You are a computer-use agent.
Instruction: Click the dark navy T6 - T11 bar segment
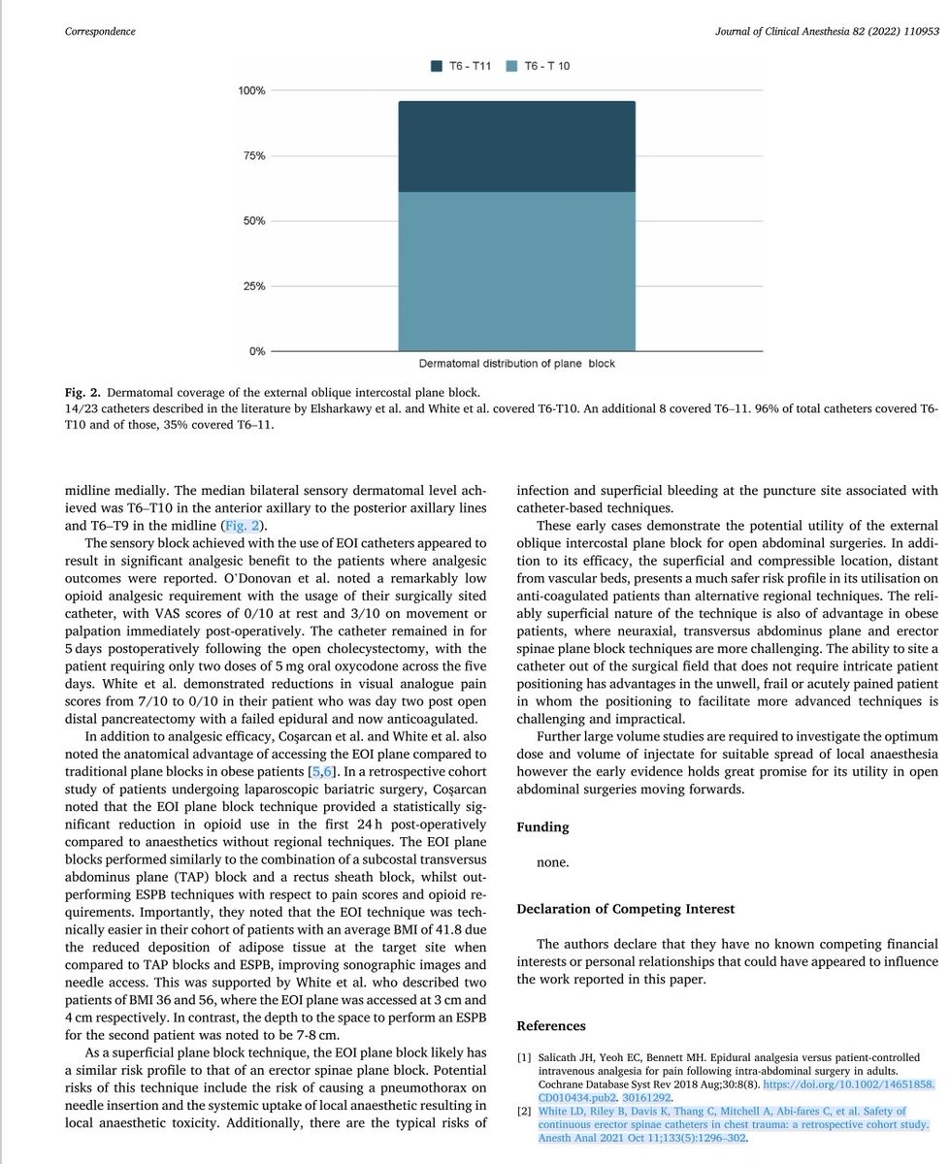(x=516, y=146)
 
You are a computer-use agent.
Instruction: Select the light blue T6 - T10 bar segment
(x=516, y=271)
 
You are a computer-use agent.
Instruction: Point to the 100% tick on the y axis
(x=250, y=91)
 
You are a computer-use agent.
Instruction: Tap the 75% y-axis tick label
(x=253, y=156)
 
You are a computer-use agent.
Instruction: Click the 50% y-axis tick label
(x=253, y=221)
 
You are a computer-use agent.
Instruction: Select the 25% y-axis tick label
(x=253, y=286)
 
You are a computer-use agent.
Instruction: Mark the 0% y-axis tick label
(x=256, y=351)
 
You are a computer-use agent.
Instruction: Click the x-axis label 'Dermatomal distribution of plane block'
(x=516, y=364)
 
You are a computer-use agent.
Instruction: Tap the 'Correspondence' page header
(x=100, y=31)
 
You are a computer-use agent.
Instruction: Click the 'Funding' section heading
(x=542, y=827)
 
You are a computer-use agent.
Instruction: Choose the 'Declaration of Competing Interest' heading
(x=627, y=909)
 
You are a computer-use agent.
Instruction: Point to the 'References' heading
(x=551, y=1025)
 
